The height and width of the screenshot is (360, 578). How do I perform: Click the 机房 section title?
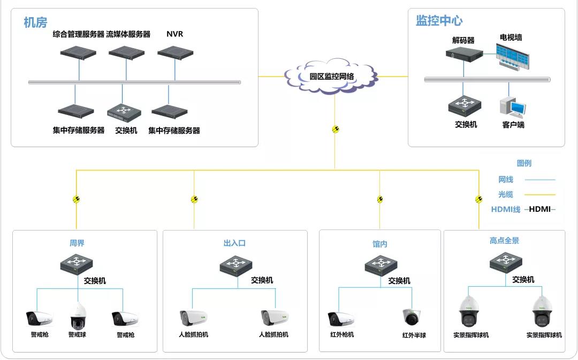click(x=35, y=22)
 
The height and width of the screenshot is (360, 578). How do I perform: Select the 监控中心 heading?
click(x=439, y=21)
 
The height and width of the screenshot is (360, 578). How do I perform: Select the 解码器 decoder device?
click(x=463, y=54)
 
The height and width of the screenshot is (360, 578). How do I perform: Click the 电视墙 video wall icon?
click(x=511, y=55)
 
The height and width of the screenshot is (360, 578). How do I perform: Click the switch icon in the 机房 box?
click(x=124, y=112)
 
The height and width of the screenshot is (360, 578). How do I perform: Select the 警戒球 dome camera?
click(x=78, y=316)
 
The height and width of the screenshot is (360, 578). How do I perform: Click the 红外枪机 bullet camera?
click(x=341, y=319)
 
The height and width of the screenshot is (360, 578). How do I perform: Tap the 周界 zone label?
click(x=77, y=243)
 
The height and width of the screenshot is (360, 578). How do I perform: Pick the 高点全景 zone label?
click(x=504, y=241)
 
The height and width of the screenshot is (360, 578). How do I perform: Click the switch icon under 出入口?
click(x=236, y=265)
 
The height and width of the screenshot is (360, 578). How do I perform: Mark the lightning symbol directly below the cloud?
click(x=336, y=129)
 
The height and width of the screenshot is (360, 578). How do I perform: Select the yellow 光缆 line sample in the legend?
click(x=539, y=195)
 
